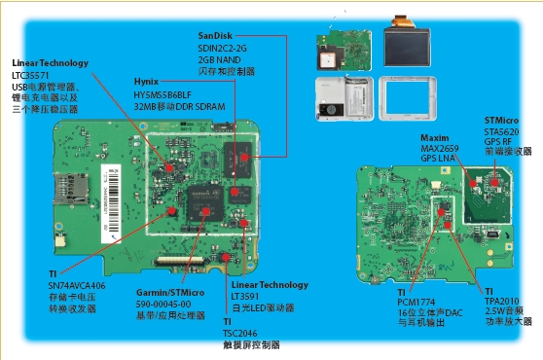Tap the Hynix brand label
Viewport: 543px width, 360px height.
(147, 85)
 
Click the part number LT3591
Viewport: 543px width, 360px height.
(245, 295)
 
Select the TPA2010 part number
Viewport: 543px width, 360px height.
(503, 301)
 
